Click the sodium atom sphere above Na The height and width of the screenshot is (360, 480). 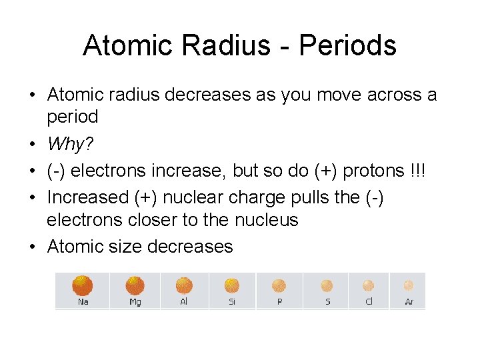tap(83, 285)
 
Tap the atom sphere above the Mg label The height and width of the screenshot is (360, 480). tap(135, 285)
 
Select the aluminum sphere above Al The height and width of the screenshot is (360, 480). tap(184, 285)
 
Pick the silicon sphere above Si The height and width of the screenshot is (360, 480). tap(232, 285)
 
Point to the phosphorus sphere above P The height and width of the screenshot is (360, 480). tap(279, 285)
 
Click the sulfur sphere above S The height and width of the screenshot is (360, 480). tap(327, 285)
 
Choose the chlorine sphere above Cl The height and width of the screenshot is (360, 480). tap(369, 285)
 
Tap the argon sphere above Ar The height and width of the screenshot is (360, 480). tap(409, 285)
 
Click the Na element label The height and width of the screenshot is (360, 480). tap(83, 302)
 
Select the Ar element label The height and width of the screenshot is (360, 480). tap(409, 302)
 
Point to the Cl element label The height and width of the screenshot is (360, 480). tap(369, 302)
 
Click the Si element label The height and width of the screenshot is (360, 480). tap(232, 302)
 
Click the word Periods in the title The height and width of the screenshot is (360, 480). tap(347, 45)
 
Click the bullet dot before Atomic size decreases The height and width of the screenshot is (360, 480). tap(33, 247)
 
